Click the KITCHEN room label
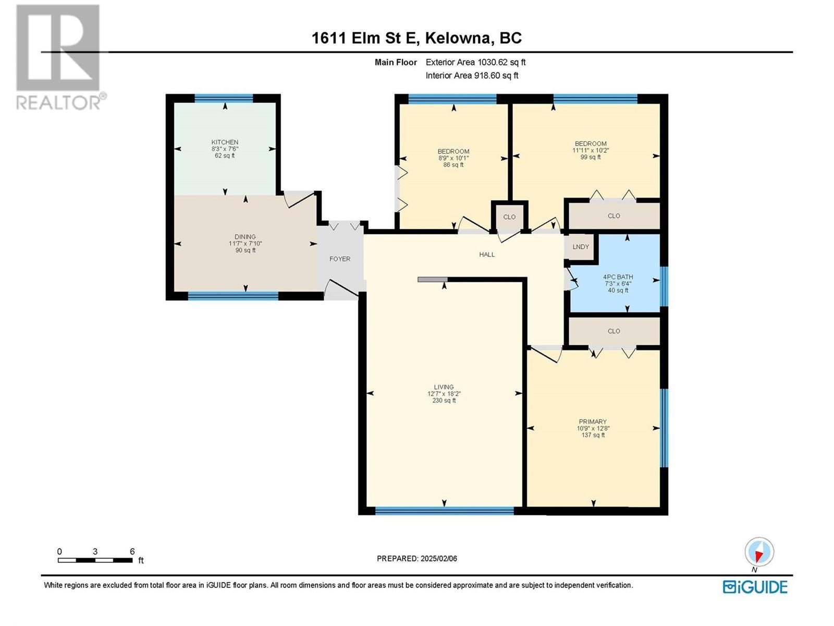click(225, 142)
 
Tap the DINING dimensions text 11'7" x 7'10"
click(245, 244)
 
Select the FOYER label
click(340, 259)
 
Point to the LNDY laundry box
click(580, 247)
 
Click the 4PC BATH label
click(618, 277)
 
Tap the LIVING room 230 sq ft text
click(444, 401)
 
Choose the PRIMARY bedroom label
click(593, 422)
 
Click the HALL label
click(487, 255)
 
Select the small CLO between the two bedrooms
click(509, 217)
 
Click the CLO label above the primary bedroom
click(614, 331)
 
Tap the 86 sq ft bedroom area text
click(453, 165)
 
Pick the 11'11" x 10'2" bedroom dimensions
click(591, 150)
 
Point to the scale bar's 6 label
click(132, 551)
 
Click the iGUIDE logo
click(755, 587)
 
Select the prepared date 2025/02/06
click(438, 558)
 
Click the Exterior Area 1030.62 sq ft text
click(475, 62)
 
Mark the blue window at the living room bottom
click(444, 511)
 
